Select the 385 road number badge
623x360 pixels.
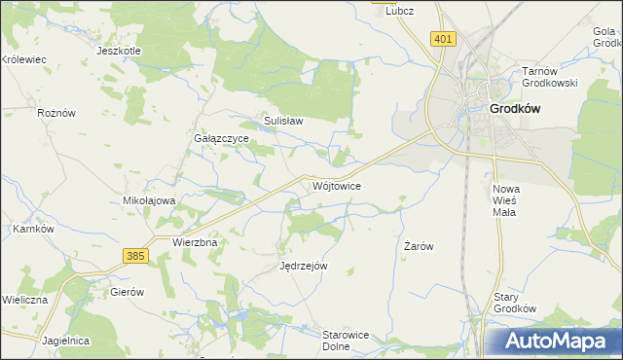click(136, 255)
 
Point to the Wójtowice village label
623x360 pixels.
click(338, 185)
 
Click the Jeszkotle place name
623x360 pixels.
click(120, 51)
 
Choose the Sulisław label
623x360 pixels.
click(284, 122)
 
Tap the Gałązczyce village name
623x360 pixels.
click(222, 139)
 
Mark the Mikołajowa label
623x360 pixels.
click(148, 200)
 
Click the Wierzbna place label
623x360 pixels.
click(194, 241)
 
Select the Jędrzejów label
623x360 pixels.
click(303, 266)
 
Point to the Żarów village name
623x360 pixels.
click(418, 247)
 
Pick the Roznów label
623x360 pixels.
click(55, 113)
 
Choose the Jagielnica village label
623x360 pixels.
click(66, 342)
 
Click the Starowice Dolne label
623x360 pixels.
click(346, 340)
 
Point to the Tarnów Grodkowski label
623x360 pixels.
click(550, 77)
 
